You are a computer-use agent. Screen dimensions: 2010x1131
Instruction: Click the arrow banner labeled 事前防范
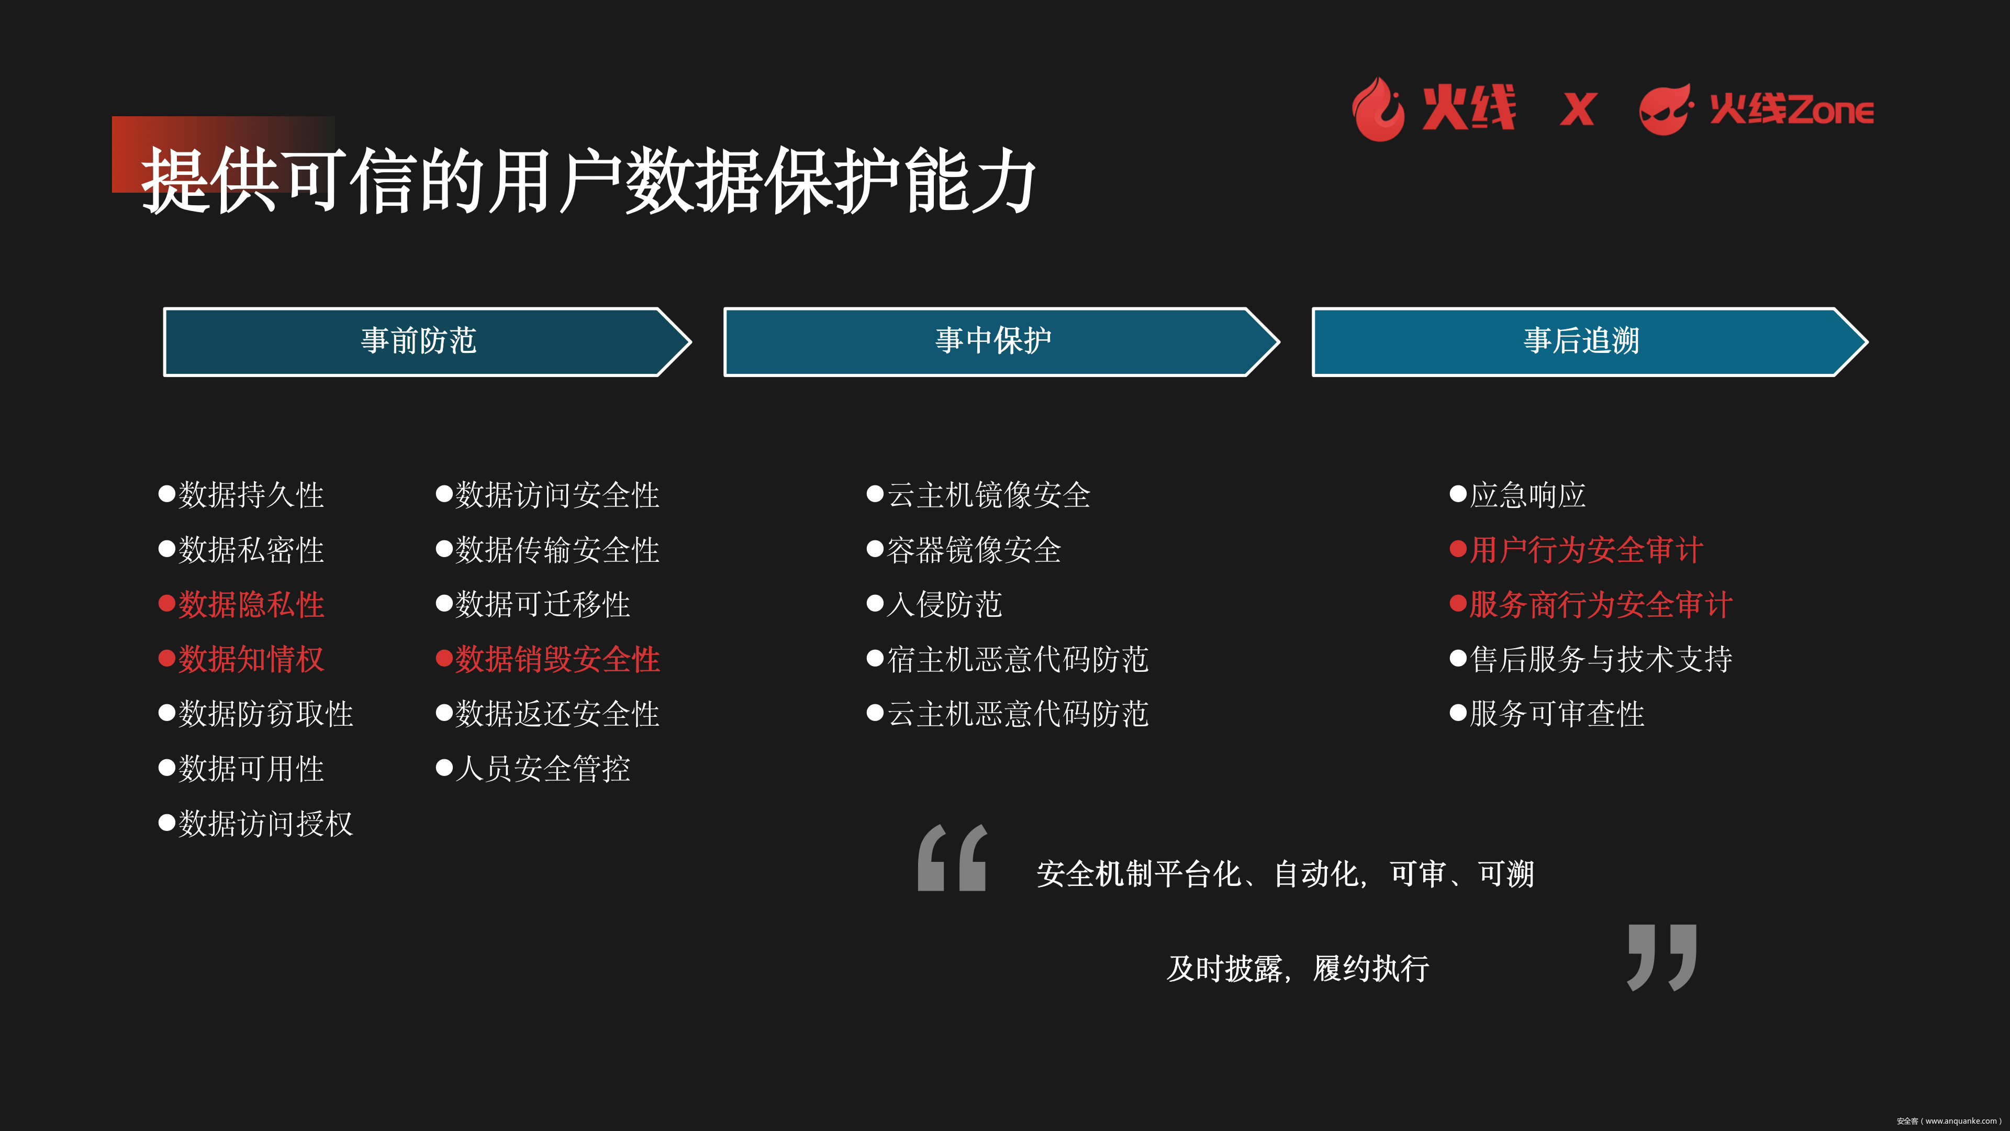click(x=427, y=342)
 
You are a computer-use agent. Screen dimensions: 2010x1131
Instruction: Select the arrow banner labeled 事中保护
click(x=1001, y=342)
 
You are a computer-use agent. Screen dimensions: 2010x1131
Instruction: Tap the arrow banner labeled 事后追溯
click(x=1590, y=342)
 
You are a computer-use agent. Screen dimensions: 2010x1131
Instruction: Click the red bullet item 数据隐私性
click(x=242, y=604)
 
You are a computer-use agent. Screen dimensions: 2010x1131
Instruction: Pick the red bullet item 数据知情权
click(x=242, y=659)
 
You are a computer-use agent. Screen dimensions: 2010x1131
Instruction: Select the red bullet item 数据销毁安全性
click(x=548, y=659)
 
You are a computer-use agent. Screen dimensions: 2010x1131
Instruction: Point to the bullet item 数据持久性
click(x=242, y=495)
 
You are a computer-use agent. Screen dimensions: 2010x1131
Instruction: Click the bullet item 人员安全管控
click(x=533, y=769)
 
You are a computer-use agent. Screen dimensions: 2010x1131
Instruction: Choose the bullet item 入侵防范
click(x=935, y=604)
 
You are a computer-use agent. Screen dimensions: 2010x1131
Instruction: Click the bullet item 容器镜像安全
click(x=964, y=549)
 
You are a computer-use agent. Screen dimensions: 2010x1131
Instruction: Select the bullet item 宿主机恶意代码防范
click(x=1008, y=659)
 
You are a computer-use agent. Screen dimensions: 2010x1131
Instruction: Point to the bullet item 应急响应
click(x=1517, y=495)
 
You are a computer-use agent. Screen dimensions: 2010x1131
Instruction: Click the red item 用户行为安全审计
click(x=1576, y=549)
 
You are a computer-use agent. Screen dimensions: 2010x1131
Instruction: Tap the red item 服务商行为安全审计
click(x=1591, y=604)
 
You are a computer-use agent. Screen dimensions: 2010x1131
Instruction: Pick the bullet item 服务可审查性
click(x=1547, y=713)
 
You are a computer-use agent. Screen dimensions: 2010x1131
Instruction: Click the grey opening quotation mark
click(x=953, y=858)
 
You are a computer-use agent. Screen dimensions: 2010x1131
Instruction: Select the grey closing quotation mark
click(x=1662, y=958)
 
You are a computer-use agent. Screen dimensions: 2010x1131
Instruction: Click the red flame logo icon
click(x=1378, y=109)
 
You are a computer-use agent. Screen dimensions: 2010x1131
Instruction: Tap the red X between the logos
click(x=1578, y=109)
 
